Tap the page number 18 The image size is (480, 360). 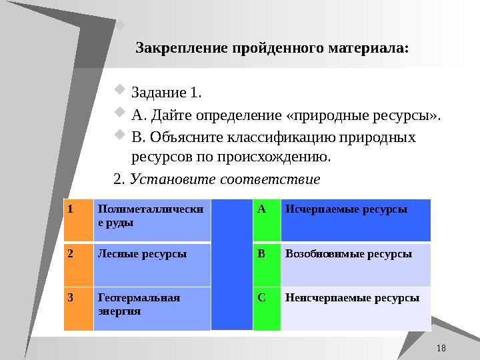point(441,349)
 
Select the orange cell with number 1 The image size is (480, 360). point(79,220)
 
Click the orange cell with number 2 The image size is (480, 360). point(79,264)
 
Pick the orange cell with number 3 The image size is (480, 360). point(79,309)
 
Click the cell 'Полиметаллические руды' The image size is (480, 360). point(152,220)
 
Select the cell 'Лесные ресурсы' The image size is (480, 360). point(152,264)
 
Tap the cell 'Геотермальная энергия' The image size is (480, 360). point(152,309)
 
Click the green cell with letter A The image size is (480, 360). point(267,220)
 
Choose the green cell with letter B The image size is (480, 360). point(267,264)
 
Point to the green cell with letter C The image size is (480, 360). point(267,309)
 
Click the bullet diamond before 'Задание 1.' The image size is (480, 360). point(121,89)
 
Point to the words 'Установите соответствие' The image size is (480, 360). point(225,179)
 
